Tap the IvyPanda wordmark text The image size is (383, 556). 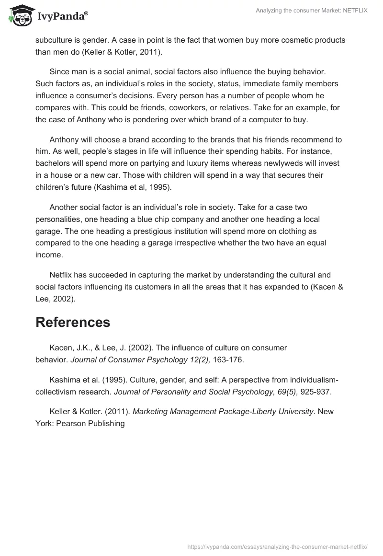pyautogui.click(x=62, y=16)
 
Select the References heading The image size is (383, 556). pyautogui.click(x=73, y=322)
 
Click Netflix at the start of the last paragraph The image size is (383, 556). pyautogui.click(x=62, y=275)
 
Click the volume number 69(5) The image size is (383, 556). pyautogui.click(x=287, y=392)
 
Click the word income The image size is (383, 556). pyautogui.click(x=49, y=255)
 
